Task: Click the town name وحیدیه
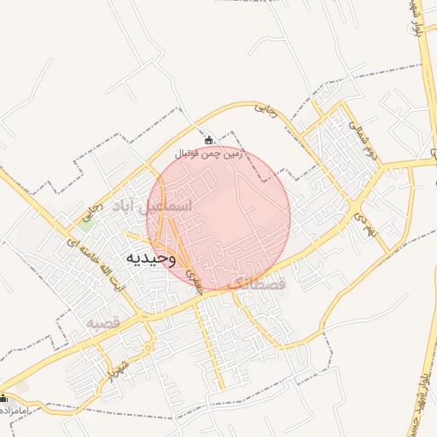[151, 258]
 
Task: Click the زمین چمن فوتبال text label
[209, 154]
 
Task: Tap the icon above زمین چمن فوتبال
[209, 140]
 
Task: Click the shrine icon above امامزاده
[3, 398]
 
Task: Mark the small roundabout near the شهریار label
[150, 347]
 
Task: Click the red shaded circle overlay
[218, 218]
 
